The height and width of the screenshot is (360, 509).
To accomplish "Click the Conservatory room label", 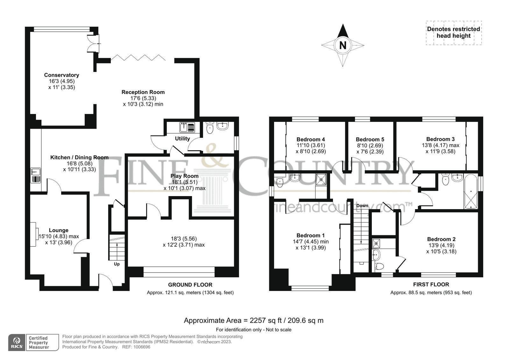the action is click(x=61, y=75).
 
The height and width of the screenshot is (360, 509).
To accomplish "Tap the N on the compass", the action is click(x=343, y=45).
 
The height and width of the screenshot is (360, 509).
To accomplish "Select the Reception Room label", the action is click(x=143, y=92).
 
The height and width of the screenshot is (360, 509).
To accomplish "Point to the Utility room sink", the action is click(x=187, y=127).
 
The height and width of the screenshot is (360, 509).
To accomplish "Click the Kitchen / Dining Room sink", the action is click(x=36, y=175).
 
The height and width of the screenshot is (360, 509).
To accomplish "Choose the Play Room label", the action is click(x=184, y=176).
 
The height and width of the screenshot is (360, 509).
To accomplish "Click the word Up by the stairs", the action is click(x=117, y=264).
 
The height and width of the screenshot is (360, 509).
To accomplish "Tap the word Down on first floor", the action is click(x=362, y=206).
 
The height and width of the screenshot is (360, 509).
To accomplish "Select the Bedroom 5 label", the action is click(x=370, y=139).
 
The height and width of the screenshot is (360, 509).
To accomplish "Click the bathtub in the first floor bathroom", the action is click(x=470, y=191).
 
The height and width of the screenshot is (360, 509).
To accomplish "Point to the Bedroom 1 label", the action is click(x=311, y=235).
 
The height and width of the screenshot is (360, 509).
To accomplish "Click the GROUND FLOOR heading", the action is click(x=190, y=285).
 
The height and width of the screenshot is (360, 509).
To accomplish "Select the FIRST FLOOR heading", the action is click(x=431, y=285).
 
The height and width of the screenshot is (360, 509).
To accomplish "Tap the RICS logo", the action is click(x=17, y=342).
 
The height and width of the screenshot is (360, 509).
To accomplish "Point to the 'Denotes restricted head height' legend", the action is click(x=454, y=32).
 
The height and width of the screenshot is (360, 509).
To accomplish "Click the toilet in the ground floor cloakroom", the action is click(x=210, y=128).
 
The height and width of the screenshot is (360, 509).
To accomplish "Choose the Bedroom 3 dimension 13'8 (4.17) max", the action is click(x=441, y=145).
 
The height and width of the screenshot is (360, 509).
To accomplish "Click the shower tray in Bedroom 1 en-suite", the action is click(x=321, y=179).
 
